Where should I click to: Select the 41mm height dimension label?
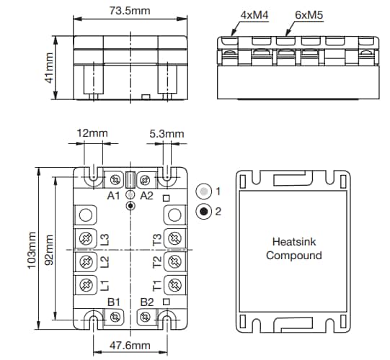[x=50, y=67]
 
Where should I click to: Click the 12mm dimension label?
[x=92, y=133]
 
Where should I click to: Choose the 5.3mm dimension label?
[x=167, y=133]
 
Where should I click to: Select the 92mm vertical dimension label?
[x=49, y=249]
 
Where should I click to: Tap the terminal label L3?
[x=105, y=238]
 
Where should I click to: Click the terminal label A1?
[x=114, y=195]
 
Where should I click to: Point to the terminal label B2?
[x=147, y=301]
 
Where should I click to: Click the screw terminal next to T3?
[x=174, y=238]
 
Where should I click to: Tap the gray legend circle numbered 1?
[x=205, y=192]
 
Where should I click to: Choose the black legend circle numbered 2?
[x=205, y=212]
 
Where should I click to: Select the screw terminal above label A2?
[x=143, y=179]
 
